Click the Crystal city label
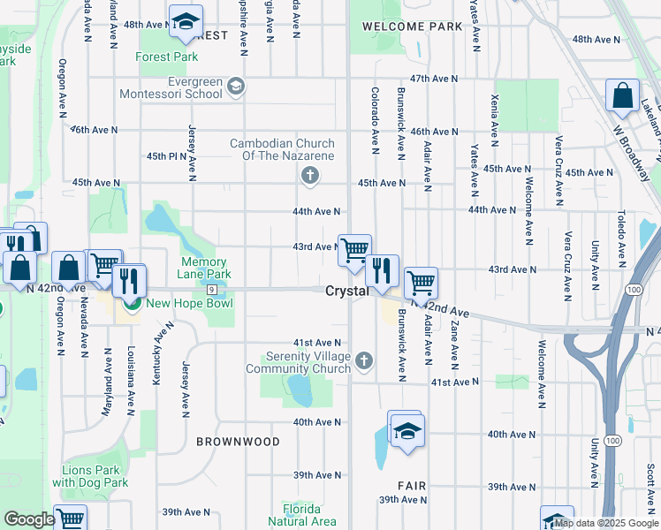tap(346, 291)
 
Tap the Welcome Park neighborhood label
tap(412, 27)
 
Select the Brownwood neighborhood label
tap(238, 442)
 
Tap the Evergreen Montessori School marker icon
tap(235, 86)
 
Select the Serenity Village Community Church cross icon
tap(364, 360)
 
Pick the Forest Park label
tap(167, 57)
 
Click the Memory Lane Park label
tap(204, 269)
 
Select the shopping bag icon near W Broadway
tap(622, 97)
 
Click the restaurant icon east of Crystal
tap(383, 271)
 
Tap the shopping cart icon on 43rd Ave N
tap(354, 251)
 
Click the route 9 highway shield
tap(212, 290)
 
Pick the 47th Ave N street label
tap(434, 79)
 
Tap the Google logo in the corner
tap(29, 519)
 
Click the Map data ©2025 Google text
tap(606, 523)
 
